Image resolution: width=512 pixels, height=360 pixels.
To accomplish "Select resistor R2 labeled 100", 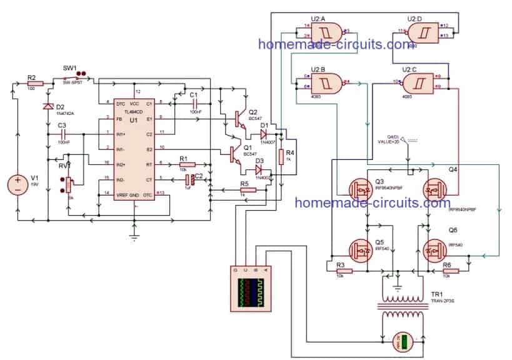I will pyautogui.click(x=35, y=83).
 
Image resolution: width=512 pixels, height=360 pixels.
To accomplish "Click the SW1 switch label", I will pyautogui.click(x=69, y=67).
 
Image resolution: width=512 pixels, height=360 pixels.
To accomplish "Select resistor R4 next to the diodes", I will pyautogui.click(x=281, y=157).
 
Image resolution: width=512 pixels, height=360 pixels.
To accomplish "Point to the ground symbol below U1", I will pyautogui.click(x=133, y=236).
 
